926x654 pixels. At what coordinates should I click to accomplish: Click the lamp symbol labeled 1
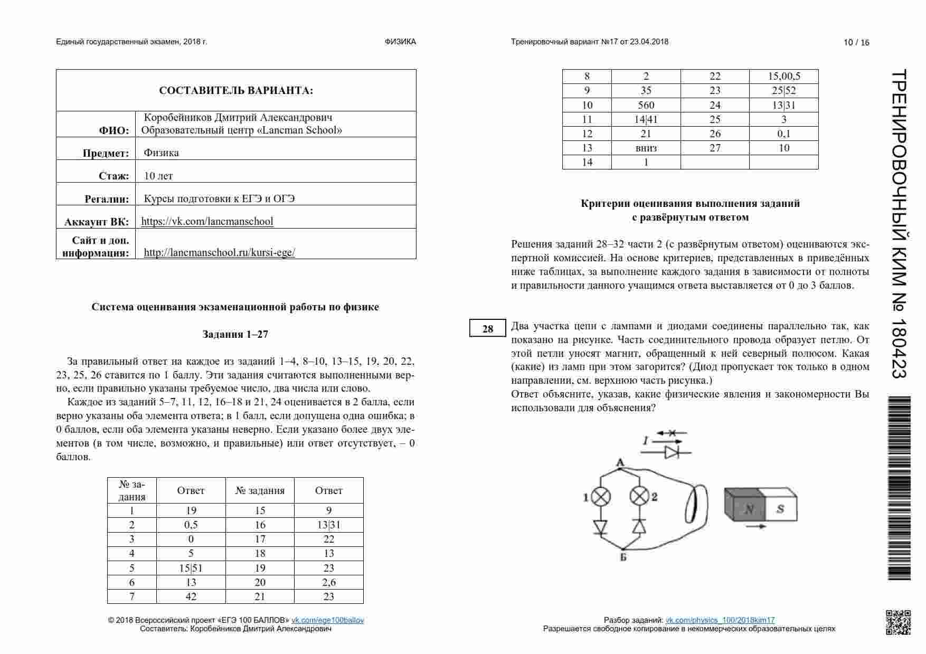pos(601,497)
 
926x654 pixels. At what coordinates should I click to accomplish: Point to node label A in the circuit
pos(620,463)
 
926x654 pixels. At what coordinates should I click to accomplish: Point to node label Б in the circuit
pos(623,556)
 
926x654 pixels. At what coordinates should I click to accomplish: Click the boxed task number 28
pos(487,329)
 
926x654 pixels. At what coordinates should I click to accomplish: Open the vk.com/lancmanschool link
pos(207,221)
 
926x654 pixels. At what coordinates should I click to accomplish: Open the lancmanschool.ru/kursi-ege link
pos(219,252)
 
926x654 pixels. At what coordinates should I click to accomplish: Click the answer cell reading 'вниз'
pos(646,148)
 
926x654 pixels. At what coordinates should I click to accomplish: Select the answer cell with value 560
pos(646,105)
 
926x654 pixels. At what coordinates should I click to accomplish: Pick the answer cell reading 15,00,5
pos(784,76)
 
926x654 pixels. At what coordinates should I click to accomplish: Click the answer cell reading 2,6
pos(328,582)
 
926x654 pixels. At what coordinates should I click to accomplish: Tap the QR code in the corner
pos(897,622)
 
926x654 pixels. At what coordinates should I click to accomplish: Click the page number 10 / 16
pos(856,43)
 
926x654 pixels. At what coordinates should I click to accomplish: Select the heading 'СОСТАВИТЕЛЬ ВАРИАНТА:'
pos(236,91)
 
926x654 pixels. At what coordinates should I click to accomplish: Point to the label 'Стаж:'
pos(114,176)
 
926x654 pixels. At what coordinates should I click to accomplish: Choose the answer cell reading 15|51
pos(191,568)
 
